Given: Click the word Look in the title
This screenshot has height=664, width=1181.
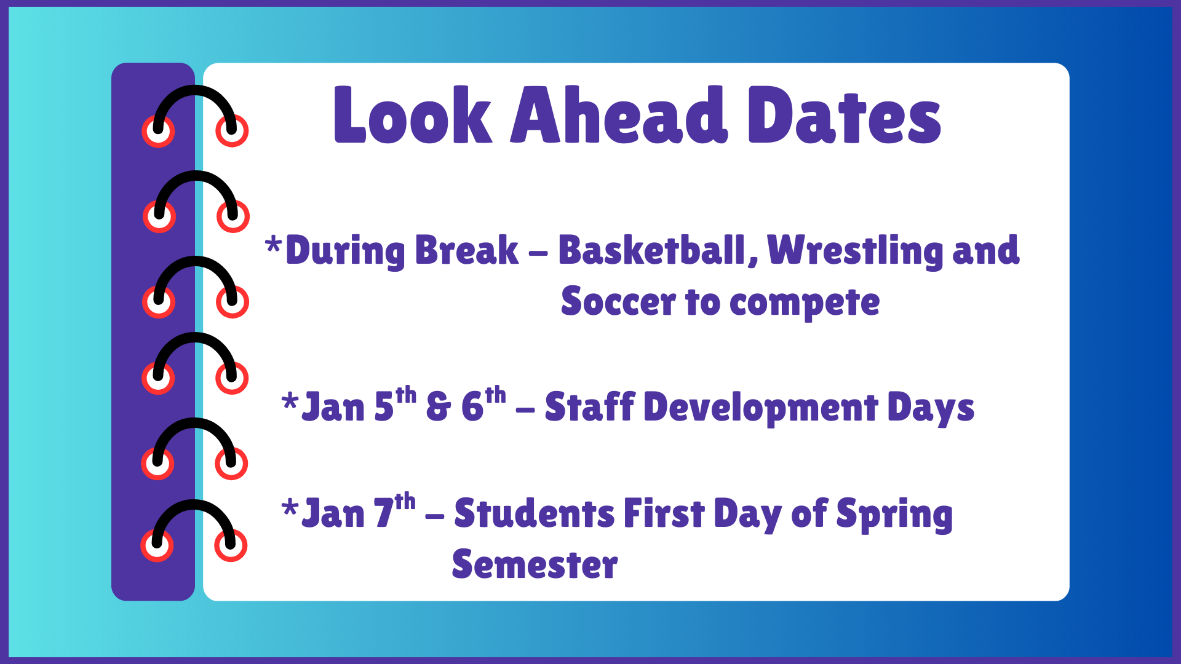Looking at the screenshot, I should coord(412,116).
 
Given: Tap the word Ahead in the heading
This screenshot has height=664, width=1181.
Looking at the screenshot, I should coord(618,116).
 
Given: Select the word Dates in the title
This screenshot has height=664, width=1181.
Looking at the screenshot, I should coord(844,116).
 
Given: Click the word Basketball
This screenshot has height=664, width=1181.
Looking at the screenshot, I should coord(652,251).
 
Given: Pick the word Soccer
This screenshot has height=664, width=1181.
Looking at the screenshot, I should coord(618,302).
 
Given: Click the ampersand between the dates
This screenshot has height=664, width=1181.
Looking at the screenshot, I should coord(438,408).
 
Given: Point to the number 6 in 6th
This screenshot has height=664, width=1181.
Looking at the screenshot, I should coord(472,408).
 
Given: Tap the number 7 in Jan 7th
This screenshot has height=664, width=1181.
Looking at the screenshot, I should coord(384,514).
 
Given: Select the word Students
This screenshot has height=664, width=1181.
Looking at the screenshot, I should coord(534,514).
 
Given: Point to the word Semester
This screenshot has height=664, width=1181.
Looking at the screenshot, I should coord(534,565).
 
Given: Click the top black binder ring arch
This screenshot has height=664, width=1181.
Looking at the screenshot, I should coord(195,92).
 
